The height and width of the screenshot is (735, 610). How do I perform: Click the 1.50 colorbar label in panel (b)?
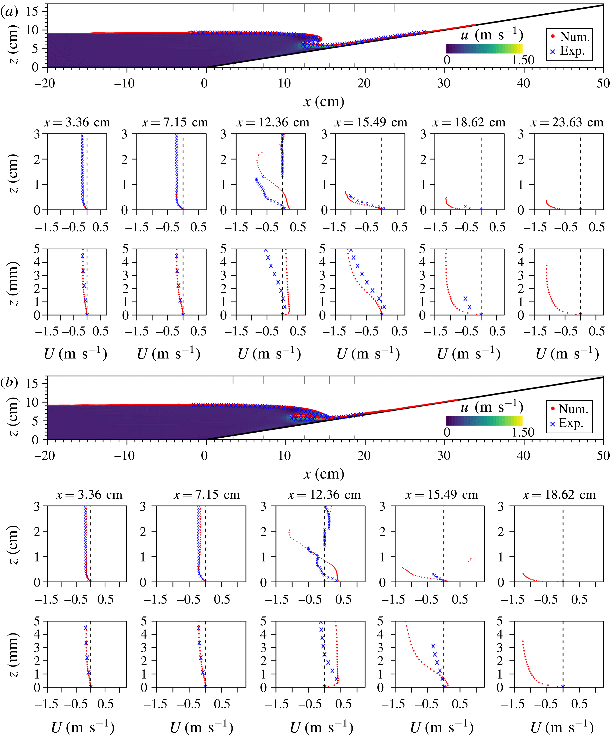click(523, 432)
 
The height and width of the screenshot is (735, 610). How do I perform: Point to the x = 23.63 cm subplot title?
click(567, 122)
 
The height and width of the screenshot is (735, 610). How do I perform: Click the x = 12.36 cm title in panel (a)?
click(273, 122)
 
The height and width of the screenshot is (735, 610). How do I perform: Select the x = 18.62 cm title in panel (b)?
click(559, 495)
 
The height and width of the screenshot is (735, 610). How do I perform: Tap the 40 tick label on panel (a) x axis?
click(523, 83)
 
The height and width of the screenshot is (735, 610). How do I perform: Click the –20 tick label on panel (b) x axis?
click(45, 455)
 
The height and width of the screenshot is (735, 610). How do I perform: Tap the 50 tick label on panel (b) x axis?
click(603, 455)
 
